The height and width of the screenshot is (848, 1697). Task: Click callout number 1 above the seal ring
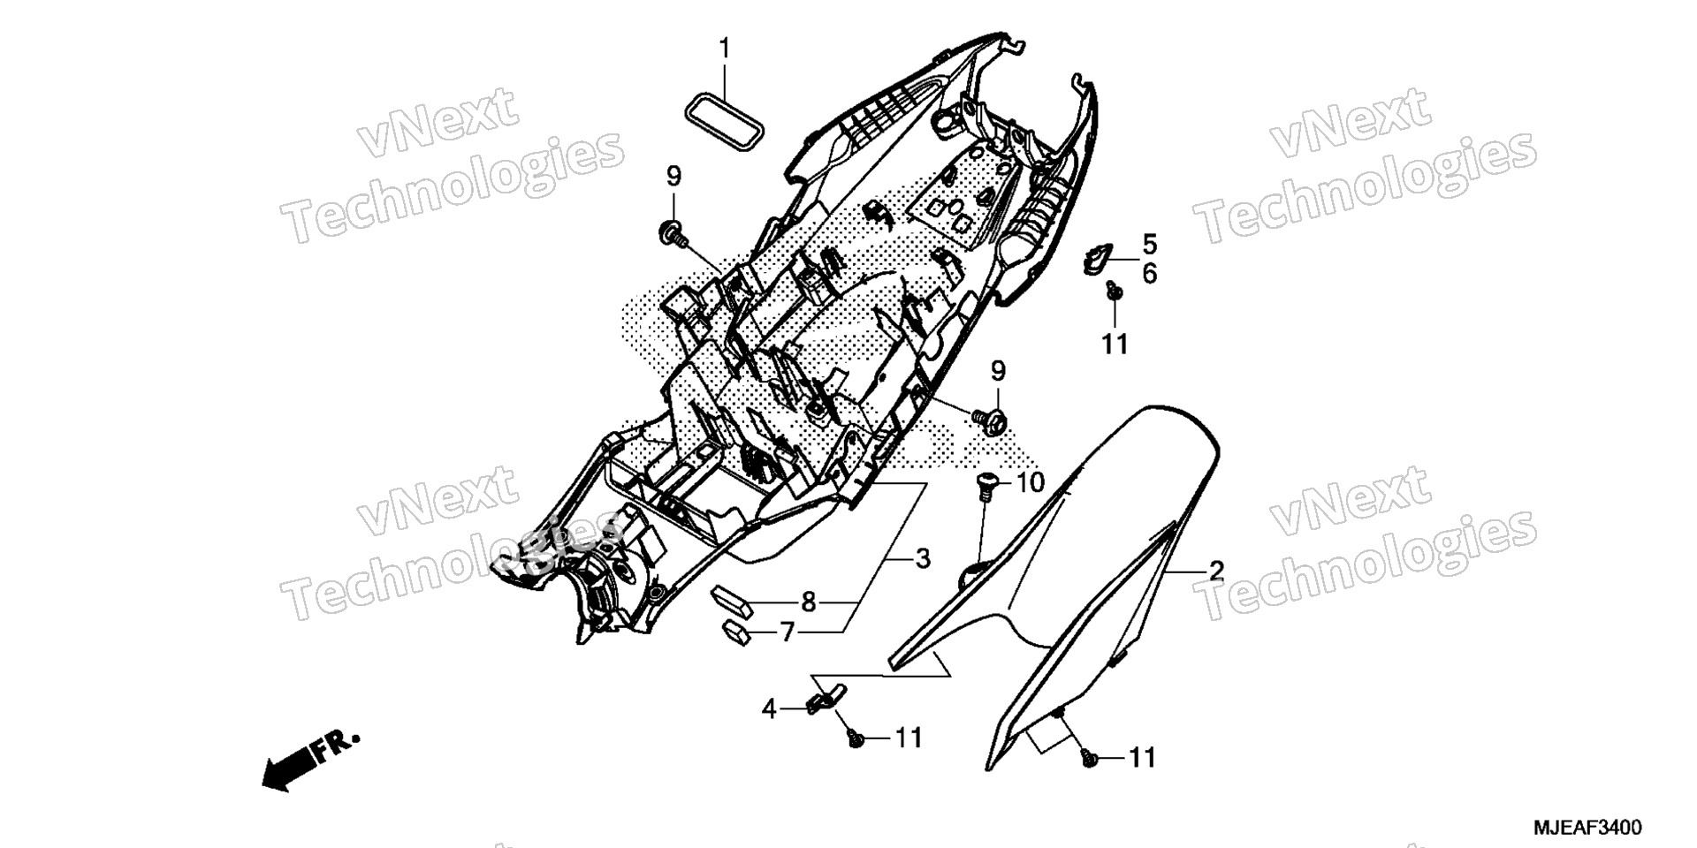point(724,49)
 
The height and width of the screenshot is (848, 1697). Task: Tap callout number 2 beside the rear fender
point(1216,571)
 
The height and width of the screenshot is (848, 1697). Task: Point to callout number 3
point(922,558)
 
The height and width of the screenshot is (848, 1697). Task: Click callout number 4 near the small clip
point(769,708)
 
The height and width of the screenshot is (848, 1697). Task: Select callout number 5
point(1149,244)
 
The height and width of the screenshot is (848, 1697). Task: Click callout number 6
point(1149,274)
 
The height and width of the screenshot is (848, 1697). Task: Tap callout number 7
point(787,632)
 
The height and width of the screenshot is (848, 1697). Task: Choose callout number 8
point(808,602)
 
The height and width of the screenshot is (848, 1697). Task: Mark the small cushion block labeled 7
point(736,632)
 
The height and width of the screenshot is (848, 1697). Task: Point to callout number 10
point(1030,483)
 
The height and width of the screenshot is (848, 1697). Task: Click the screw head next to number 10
point(986,481)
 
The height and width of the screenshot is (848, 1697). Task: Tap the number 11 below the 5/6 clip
point(1115,344)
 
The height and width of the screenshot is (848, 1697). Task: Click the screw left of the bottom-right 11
point(1091,757)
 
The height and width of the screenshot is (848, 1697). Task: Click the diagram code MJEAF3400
point(1587,828)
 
